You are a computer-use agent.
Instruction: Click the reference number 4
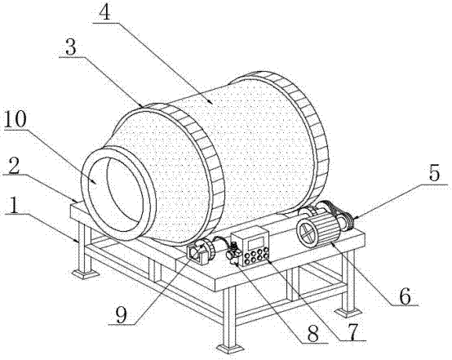coord(104,12)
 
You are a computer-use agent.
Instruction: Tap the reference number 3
coord(71,47)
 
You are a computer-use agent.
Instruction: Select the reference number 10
coord(15,119)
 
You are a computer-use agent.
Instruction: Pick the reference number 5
coord(434,172)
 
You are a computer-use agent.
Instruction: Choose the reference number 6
coord(405,296)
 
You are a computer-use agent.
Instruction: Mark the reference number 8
coord(313,333)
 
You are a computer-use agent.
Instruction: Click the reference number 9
coord(122,315)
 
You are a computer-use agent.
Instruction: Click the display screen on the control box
coord(255,242)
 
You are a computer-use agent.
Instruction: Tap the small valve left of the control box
coord(234,251)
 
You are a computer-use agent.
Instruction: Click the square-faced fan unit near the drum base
coord(196,254)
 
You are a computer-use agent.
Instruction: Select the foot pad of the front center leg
coord(230,349)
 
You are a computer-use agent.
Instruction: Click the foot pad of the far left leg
coord(84,273)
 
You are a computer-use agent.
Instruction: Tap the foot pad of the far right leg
coord(348,313)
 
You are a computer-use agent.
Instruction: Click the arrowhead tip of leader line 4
coord(213,104)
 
